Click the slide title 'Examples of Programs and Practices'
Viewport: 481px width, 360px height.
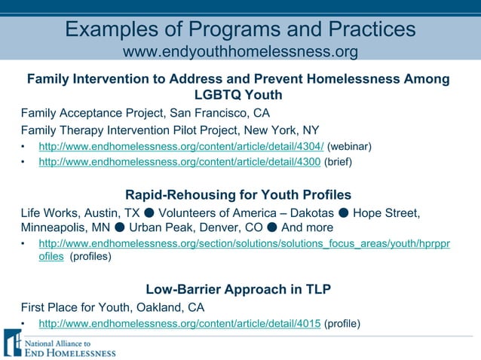(x=240, y=29)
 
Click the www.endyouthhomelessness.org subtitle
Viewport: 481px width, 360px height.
(x=240, y=52)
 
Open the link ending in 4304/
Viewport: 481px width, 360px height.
(x=181, y=145)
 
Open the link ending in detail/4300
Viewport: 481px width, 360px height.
(x=179, y=161)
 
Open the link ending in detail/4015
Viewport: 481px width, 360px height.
(x=179, y=324)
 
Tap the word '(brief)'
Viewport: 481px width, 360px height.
(x=339, y=161)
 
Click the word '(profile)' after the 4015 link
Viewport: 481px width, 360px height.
(x=342, y=324)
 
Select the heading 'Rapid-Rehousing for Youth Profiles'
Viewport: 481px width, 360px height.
(x=238, y=195)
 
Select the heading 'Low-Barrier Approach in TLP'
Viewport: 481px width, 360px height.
(x=238, y=289)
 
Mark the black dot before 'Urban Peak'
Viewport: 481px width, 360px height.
(x=120, y=227)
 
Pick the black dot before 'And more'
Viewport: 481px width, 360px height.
(x=272, y=227)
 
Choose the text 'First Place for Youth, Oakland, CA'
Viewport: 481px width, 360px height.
(x=112, y=307)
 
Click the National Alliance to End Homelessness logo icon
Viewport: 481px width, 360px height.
(x=12, y=343)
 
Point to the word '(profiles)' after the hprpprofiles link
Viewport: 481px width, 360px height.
(x=90, y=256)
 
